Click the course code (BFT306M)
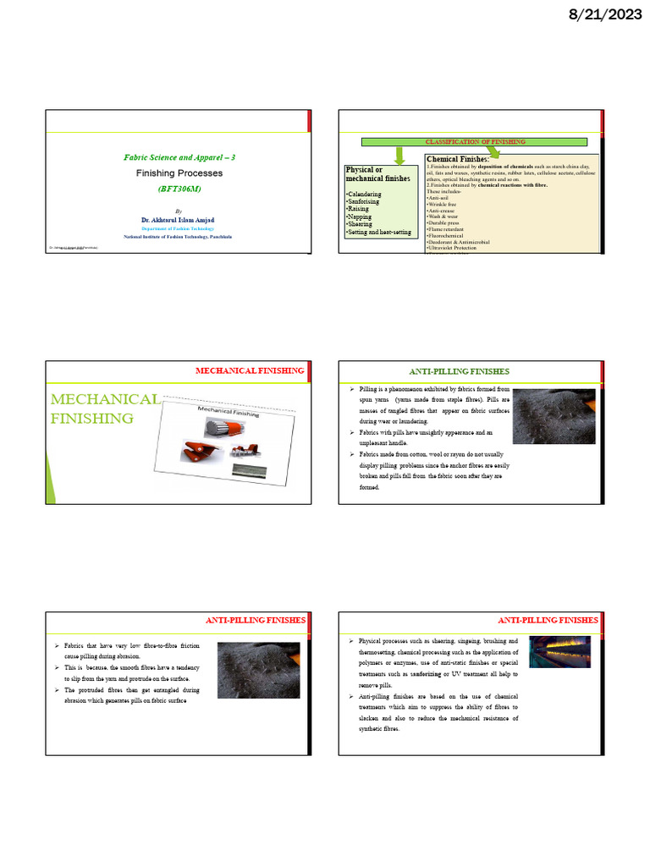tap(179, 189)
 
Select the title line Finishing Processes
tap(179, 173)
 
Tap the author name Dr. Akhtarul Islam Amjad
tap(178, 219)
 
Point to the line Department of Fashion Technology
tap(178, 228)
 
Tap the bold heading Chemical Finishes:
tap(458, 159)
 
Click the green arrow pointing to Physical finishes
tap(400, 156)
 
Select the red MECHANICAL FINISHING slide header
tap(250, 370)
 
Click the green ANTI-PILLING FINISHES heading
tap(459, 371)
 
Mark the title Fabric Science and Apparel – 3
tap(179, 157)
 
